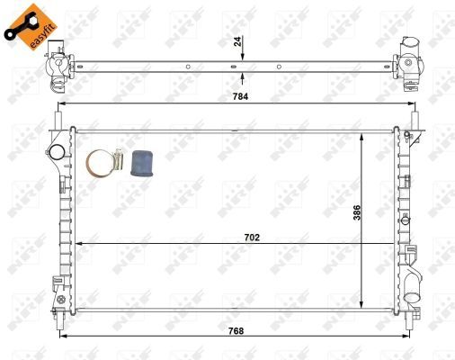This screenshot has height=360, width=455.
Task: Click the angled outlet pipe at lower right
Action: click(413, 286)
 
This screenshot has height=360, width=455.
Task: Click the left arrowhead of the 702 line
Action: click(79, 244)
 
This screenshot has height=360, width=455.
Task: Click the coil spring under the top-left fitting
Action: click(56, 84)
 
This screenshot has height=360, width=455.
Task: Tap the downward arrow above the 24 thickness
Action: click(242, 54)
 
